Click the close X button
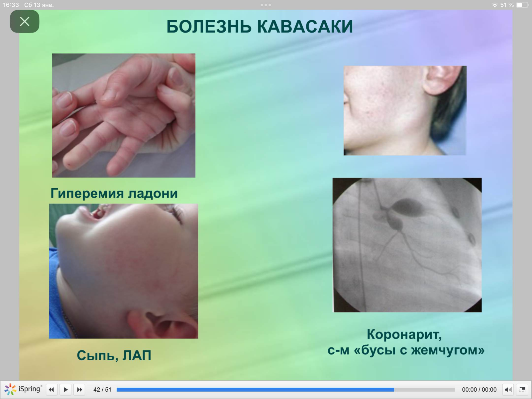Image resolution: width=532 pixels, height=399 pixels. (25, 22)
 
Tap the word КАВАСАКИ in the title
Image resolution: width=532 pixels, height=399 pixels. (305, 26)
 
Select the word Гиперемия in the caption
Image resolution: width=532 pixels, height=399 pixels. (87, 194)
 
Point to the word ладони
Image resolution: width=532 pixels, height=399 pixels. (153, 194)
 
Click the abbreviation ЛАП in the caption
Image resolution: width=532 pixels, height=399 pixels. (137, 356)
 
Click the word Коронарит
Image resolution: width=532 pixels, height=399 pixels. (404, 334)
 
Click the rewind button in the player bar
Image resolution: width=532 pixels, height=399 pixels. (52, 390)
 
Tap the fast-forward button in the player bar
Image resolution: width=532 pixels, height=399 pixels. (79, 390)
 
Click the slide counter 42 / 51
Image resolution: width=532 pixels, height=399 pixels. (102, 390)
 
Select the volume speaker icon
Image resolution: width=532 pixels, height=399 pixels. (508, 390)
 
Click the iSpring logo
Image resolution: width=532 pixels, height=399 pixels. (23, 389)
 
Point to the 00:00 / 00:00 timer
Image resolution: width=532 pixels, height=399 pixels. (479, 390)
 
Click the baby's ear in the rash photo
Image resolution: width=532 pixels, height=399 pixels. (163, 325)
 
